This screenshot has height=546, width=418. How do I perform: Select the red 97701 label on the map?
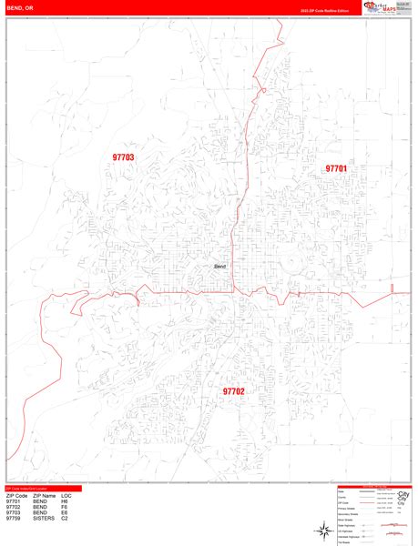336,168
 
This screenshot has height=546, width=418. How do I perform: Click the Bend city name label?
219,266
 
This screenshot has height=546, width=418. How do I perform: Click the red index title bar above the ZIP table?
41,489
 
